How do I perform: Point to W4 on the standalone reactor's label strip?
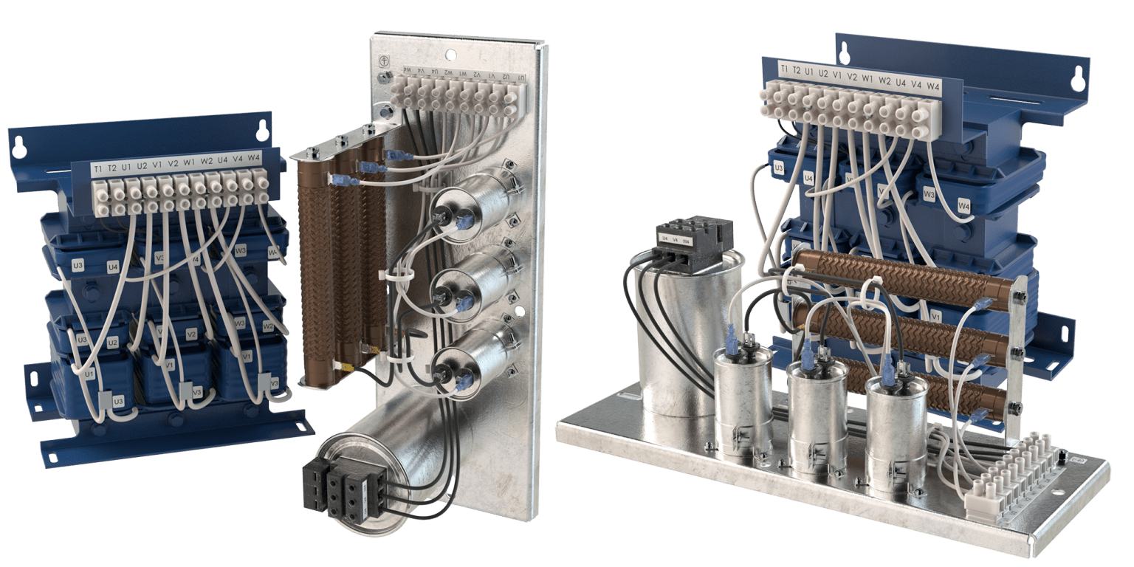253,158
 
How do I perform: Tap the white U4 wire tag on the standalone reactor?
112,267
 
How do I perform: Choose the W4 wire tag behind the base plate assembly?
964,205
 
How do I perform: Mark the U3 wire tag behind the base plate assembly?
778,168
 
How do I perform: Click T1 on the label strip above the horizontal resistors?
784,69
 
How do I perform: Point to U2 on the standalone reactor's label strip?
142,167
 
